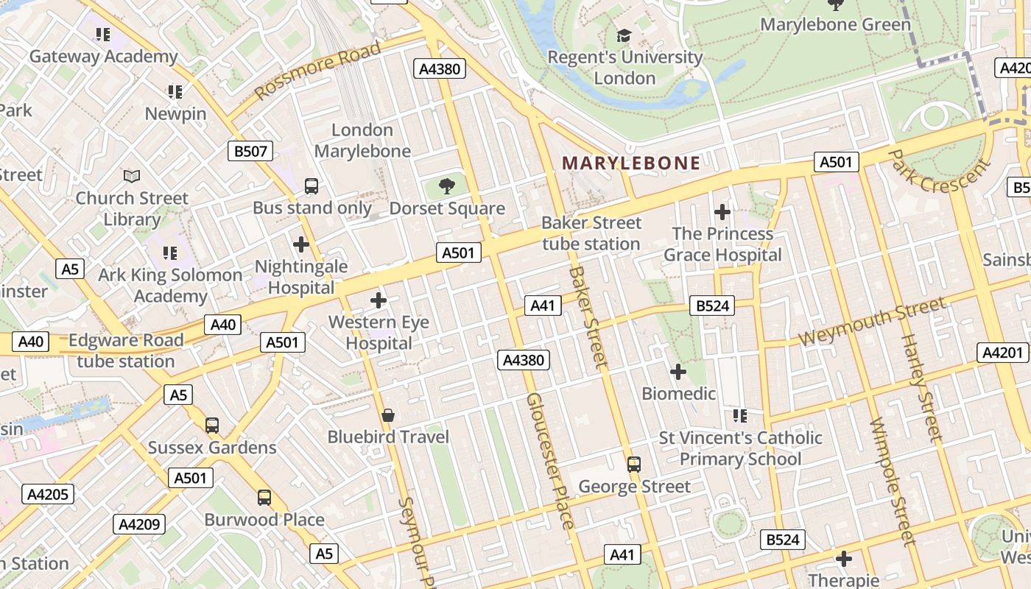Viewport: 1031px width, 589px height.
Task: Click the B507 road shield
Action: [250, 152]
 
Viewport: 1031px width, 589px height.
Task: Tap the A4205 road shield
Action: [48, 494]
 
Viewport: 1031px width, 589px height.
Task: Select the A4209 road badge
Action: [139, 524]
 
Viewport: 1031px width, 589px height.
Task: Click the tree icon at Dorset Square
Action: [446, 186]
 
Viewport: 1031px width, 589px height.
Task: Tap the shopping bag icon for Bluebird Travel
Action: [388, 416]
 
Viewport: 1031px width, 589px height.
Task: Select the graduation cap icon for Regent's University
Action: [624, 35]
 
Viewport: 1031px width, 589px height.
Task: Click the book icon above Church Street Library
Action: [132, 176]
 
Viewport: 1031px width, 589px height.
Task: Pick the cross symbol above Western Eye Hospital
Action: [379, 300]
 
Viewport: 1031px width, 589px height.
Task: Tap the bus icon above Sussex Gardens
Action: [212, 426]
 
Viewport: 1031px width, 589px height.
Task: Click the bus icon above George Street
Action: [634, 465]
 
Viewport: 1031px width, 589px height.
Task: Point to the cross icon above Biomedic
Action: [678, 372]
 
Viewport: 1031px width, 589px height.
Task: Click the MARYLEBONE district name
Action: [631, 163]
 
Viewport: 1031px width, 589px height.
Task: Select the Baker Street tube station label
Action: [591, 233]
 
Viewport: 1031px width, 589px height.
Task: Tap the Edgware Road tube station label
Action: [126, 350]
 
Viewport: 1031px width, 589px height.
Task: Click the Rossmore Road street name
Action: [317, 71]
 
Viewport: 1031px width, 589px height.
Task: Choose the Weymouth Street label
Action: [872, 321]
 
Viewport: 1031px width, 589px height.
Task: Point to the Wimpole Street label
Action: [892, 482]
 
